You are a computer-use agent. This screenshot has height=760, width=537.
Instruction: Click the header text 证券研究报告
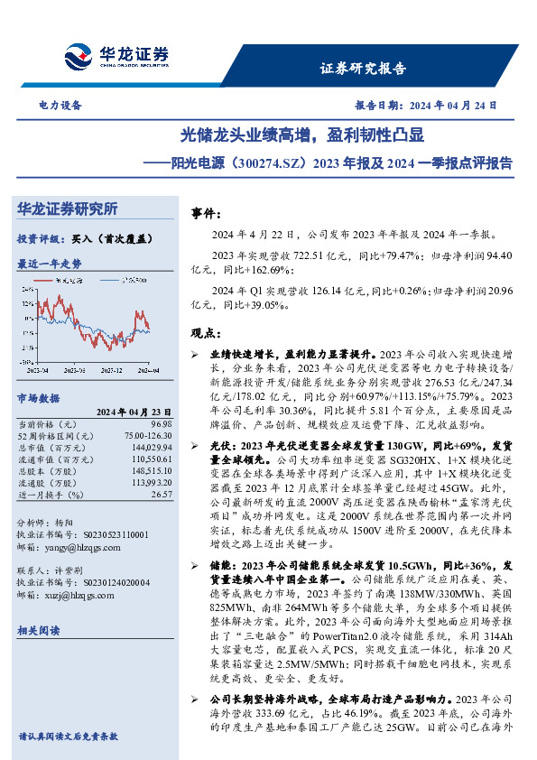pyautogui.click(x=363, y=69)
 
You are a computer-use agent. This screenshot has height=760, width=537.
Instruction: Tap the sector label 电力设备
pyautogui.click(x=60, y=106)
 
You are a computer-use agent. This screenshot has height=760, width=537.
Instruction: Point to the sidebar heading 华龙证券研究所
pyautogui.click(x=68, y=209)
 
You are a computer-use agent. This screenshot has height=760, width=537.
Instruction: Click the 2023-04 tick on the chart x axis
pyautogui.click(x=39, y=370)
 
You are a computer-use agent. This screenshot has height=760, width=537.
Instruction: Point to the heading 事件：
pyautogui.click(x=206, y=213)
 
